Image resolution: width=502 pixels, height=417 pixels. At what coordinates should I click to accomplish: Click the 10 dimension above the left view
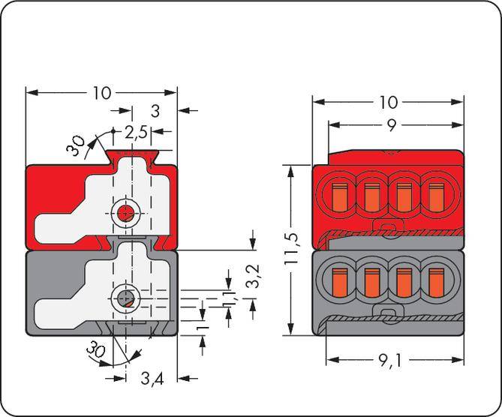pyautogui.click(x=103, y=93)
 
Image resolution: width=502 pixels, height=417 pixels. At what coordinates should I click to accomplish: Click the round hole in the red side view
pyautogui.click(x=125, y=212)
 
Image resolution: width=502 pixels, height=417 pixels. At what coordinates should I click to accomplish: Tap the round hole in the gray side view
pyautogui.click(x=125, y=301)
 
